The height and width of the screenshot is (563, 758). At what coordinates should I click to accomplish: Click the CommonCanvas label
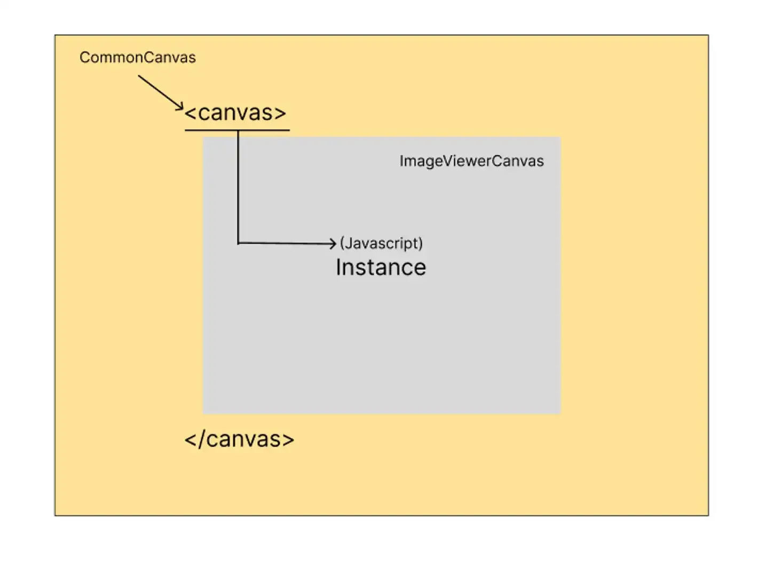137,57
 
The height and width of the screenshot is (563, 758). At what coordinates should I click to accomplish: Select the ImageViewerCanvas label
471,161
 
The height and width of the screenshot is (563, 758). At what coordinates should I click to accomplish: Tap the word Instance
381,267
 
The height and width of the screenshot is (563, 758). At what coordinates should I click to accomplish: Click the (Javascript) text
381,243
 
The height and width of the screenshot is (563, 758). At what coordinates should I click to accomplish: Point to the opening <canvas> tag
235,113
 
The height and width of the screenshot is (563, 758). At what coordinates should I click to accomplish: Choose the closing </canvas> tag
239,439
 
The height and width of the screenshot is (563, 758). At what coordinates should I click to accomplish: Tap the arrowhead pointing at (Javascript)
333,244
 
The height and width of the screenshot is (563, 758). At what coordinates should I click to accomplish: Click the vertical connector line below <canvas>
238,187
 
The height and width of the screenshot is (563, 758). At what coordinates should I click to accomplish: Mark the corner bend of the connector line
238,244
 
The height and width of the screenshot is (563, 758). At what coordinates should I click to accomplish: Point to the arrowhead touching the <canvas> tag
180,107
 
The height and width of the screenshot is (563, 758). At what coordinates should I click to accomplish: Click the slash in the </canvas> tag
201,439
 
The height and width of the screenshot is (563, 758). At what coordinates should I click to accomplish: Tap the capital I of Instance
338,267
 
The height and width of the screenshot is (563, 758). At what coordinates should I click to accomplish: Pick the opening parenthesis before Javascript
342,244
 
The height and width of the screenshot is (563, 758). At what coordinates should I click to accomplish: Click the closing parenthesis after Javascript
421,244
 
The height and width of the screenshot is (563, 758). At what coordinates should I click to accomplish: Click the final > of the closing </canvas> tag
288,440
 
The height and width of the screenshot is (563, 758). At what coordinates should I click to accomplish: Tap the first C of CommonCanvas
84,57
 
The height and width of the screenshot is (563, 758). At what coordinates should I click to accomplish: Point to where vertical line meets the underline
238,130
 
